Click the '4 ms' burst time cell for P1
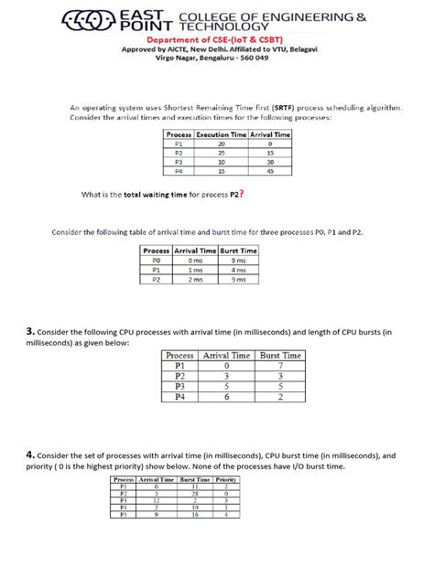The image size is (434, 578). click(x=239, y=270)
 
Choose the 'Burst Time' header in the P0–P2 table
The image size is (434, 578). click(x=239, y=250)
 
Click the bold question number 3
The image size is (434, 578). click(x=30, y=330)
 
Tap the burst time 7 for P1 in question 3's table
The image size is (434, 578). click(x=281, y=365)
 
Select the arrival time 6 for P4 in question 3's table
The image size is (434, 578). click(x=228, y=397)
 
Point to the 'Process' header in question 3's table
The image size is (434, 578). click(x=180, y=355)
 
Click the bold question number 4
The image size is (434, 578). click(x=30, y=453)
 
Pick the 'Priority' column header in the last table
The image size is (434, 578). click(x=226, y=479)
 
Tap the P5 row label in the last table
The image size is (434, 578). click(x=122, y=515)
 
